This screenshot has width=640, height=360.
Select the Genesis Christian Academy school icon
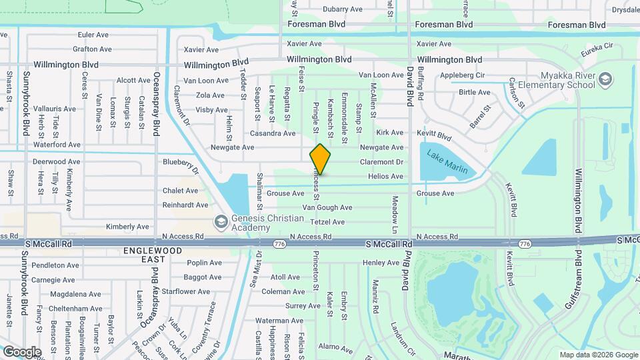pos(220,221)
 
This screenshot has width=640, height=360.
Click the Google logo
pos(22,351)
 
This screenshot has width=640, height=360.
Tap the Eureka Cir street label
pos(597,47)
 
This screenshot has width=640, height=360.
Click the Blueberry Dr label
pos(181,165)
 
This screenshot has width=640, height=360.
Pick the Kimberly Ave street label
pos(127,227)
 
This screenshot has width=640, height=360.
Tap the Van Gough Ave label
pos(327,208)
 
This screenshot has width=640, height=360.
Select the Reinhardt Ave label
pos(185,205)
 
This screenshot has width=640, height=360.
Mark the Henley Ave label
pos(381,263)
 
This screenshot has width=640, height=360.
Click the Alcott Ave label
pos(133,81)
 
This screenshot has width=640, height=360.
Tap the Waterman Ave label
pos(279,321)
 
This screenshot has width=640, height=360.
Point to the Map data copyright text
pos(598,355)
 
